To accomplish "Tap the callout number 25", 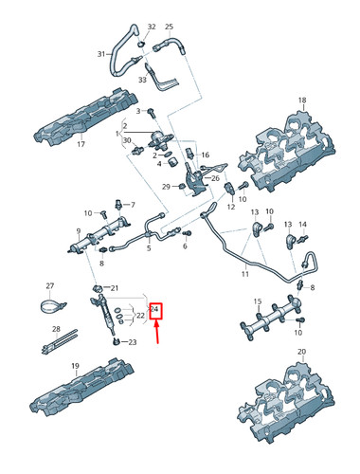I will [x=169, y=27].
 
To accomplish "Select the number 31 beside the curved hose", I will [x=101, y=55].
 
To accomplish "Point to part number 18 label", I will [x=302, y=100].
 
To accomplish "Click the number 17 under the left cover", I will [x=81, y=145].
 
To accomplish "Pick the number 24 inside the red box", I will [x=154, y=310].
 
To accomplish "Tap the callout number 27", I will [x=50, y=284].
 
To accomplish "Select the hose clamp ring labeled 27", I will [x=51, y=305].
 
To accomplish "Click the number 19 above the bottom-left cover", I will [x=75, y=365].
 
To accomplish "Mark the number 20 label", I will [x=302, y=352].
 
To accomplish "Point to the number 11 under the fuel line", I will [x=244, y=275].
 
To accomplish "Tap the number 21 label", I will [x=114, y=288].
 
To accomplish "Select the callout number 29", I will [x=165, y=187].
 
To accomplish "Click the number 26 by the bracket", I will [x=215, y=177].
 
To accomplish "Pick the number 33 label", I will [x=142, y=81].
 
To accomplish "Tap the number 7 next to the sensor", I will [x=132, y=204].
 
